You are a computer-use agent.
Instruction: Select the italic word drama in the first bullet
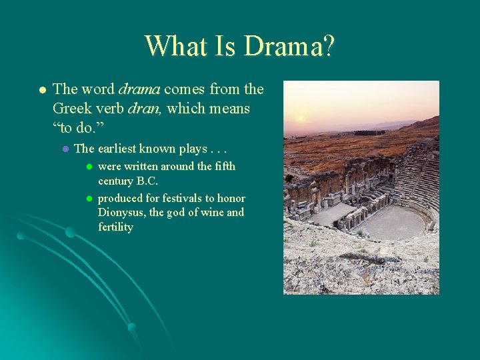click(139, 89)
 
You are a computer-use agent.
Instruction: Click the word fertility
click(115, 227)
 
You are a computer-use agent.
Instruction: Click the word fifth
click(223, 166)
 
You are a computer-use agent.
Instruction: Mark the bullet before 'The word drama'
click(41, 89)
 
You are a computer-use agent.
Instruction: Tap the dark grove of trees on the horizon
click(369, 133)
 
